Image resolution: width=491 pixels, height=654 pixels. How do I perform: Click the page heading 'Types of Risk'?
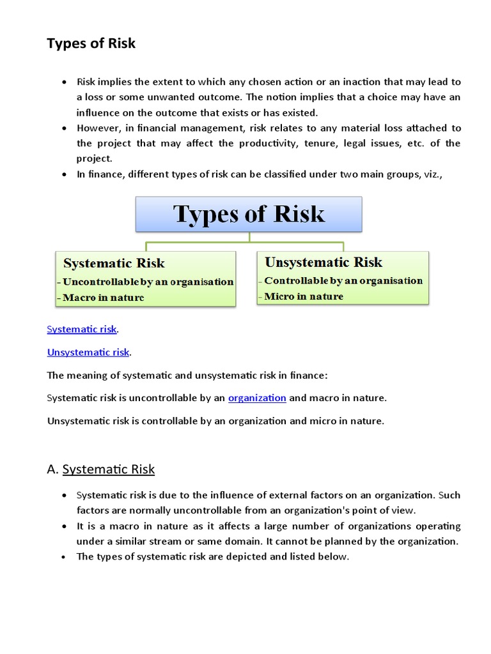pos(91,43)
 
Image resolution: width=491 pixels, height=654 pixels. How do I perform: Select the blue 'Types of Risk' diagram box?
pos(249,214)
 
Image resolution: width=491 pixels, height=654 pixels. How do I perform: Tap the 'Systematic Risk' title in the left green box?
pos(114,263)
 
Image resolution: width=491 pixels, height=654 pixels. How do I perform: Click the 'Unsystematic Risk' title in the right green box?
pos(323,262)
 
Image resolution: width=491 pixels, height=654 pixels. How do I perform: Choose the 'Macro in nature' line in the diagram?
pos(103,297)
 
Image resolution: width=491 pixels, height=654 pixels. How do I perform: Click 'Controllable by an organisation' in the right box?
pos(343,280)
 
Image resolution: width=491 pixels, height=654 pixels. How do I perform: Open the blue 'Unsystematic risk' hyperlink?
pos(88,352)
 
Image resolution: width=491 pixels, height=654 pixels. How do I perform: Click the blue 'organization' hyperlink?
pos(257,398)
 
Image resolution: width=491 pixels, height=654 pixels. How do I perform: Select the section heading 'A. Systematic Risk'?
pos(101,469)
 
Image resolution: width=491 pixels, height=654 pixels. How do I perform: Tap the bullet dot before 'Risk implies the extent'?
pos(64,82)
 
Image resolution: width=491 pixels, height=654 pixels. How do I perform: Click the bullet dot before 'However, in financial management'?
pos(64,128)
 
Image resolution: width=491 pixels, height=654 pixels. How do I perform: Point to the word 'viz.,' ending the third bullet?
pos(449,174)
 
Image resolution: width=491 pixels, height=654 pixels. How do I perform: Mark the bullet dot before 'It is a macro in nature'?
pos(64,526)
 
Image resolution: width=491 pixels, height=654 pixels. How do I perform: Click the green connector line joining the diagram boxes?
pos(249,243)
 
